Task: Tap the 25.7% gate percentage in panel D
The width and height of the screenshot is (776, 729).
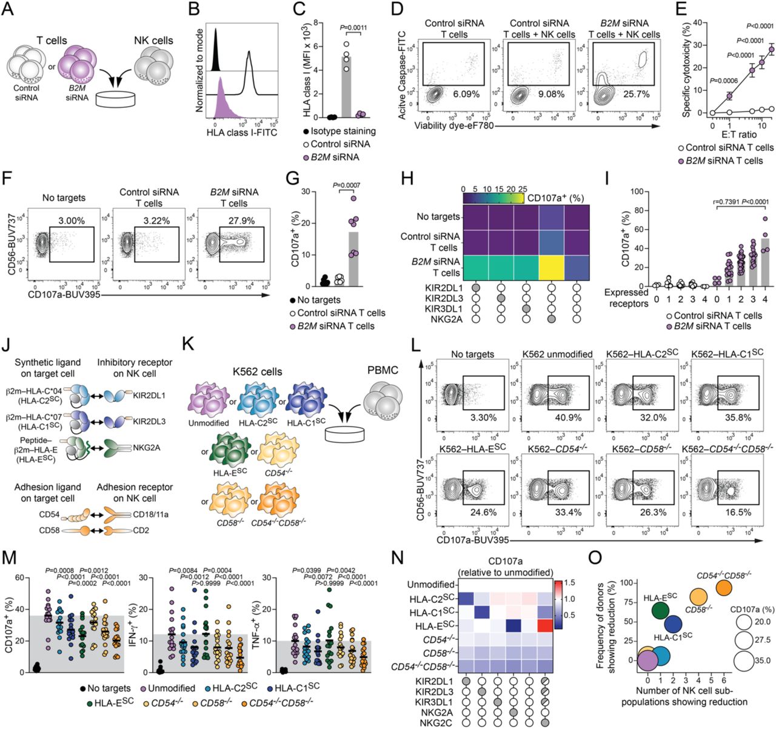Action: click(x=632, y=95)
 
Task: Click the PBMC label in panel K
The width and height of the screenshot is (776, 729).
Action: click(x=382, y=370)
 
